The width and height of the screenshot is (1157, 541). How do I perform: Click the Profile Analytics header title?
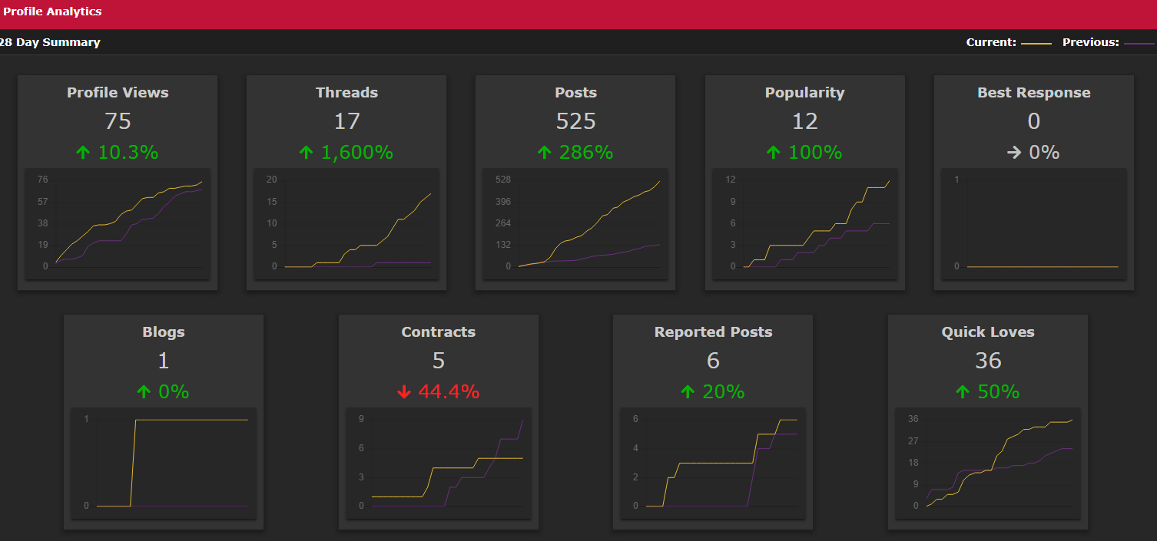coord(52,12)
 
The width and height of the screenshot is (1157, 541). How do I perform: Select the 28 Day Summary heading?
coord(50,42)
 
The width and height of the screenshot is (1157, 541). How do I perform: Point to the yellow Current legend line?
coord(1036,44)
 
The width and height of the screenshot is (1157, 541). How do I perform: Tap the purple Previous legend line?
coord(1139,44)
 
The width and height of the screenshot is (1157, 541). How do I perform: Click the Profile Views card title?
coord(118,92)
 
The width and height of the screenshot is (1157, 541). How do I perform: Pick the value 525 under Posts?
coord(575,121)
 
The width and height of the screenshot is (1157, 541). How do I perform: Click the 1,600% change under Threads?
coord(357,152)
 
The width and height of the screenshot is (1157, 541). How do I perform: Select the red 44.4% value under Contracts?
coord(449,391)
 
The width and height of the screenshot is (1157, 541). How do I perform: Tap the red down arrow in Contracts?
coord(404,392)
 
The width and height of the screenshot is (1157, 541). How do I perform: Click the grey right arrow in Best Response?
coord(1014,152)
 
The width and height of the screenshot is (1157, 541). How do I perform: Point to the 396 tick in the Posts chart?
coord(503,201)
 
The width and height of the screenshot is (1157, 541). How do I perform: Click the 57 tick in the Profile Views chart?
coord(42,201)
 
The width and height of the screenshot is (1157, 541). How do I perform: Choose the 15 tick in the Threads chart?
coord(272,201)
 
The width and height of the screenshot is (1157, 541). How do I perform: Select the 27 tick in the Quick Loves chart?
coord(913,441)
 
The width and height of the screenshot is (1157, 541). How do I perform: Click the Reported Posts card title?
coord(713,332)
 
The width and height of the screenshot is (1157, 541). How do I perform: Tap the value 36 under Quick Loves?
coord(988,361)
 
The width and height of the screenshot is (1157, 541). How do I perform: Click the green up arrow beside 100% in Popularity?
coord(773,152)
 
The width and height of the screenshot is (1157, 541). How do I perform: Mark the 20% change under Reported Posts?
coord(723,391)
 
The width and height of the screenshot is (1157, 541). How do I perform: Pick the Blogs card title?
coord(163,332)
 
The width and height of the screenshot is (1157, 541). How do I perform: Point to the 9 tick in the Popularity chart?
coord(732,201)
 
